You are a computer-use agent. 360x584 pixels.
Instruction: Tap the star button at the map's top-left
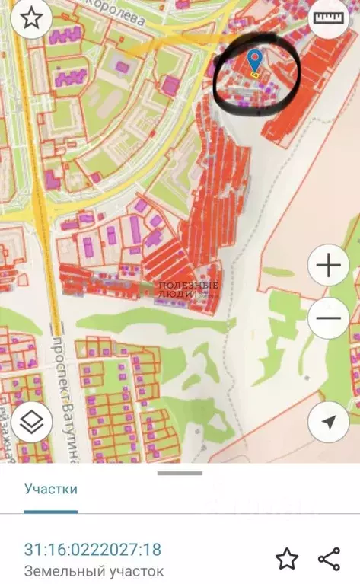point(30,19)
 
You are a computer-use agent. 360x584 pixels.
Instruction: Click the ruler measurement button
point(328,18)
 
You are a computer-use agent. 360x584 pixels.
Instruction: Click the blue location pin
point(255,59)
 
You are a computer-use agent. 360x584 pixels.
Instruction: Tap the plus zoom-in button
point(328,266)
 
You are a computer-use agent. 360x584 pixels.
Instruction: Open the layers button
point(31,422)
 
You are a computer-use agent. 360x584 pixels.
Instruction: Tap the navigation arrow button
point(328,422)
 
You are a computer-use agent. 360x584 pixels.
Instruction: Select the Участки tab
point(50,489)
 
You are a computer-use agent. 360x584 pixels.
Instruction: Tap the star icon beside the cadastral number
point(286,559)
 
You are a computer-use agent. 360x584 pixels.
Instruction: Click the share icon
point(329,559)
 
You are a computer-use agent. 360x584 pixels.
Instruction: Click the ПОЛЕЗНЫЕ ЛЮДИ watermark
point(188,290)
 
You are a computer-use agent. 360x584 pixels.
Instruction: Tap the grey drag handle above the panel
point(180,473)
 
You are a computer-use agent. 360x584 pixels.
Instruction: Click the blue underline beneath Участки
point(50,511)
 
